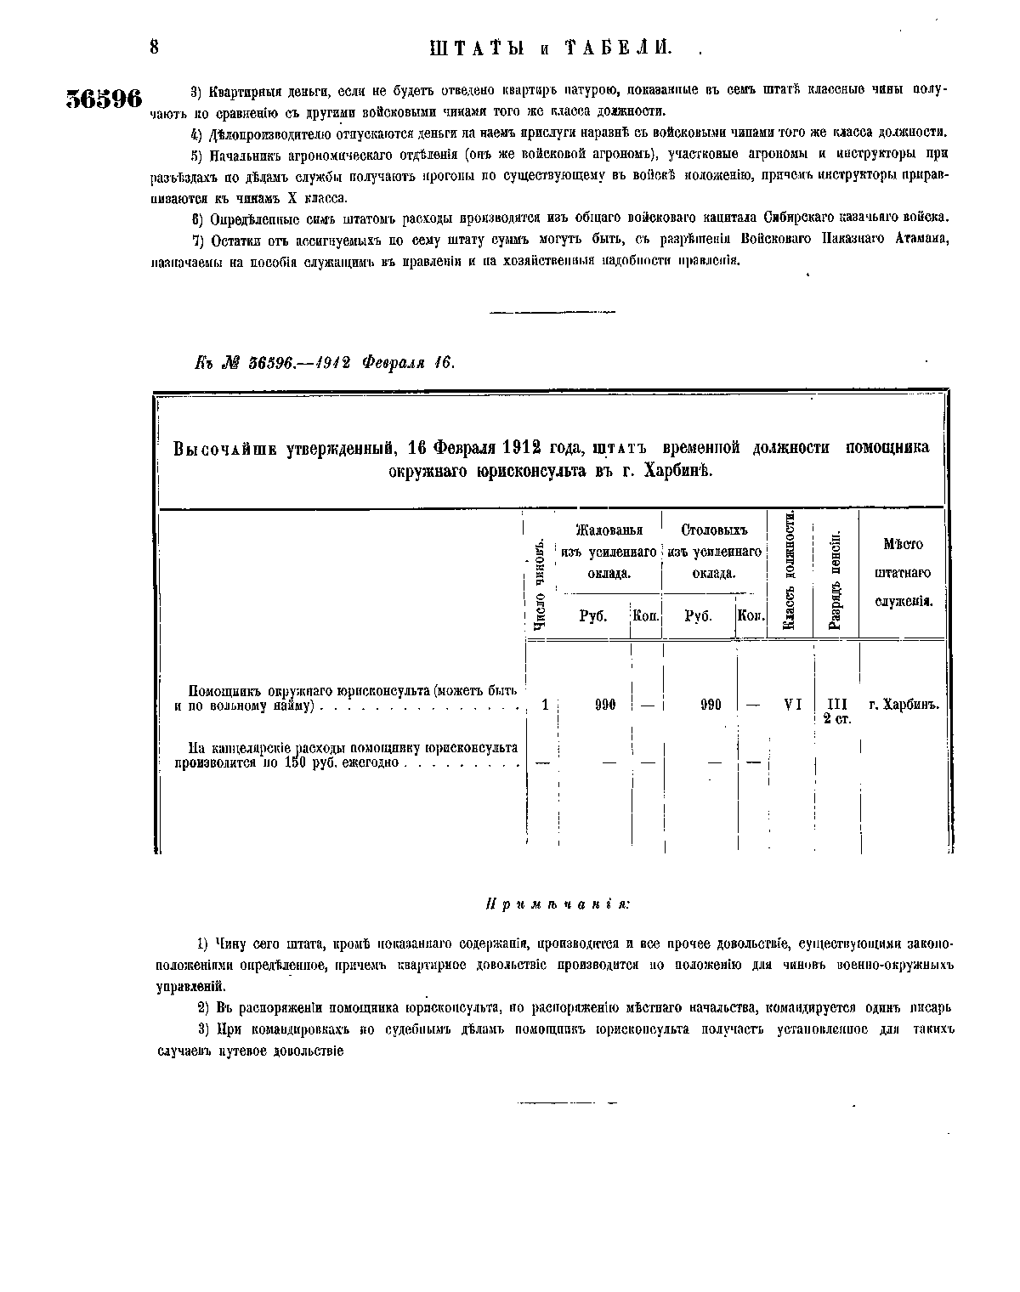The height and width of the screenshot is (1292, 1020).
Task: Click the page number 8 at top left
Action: pos(154,47)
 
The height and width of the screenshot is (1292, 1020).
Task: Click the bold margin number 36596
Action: pos(104,99)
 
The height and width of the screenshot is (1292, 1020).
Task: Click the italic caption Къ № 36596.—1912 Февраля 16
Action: pos(326,362)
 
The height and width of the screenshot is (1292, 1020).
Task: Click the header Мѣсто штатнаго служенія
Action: pos(903,572)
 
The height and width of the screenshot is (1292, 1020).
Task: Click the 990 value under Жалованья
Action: pos(605,705)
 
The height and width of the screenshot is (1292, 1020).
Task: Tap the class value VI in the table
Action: pos(792,705)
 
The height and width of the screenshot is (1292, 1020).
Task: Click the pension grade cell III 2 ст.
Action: pos(837,711)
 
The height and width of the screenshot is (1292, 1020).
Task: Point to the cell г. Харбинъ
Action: pos(903,705)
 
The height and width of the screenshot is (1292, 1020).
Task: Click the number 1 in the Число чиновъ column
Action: pos(545,705)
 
